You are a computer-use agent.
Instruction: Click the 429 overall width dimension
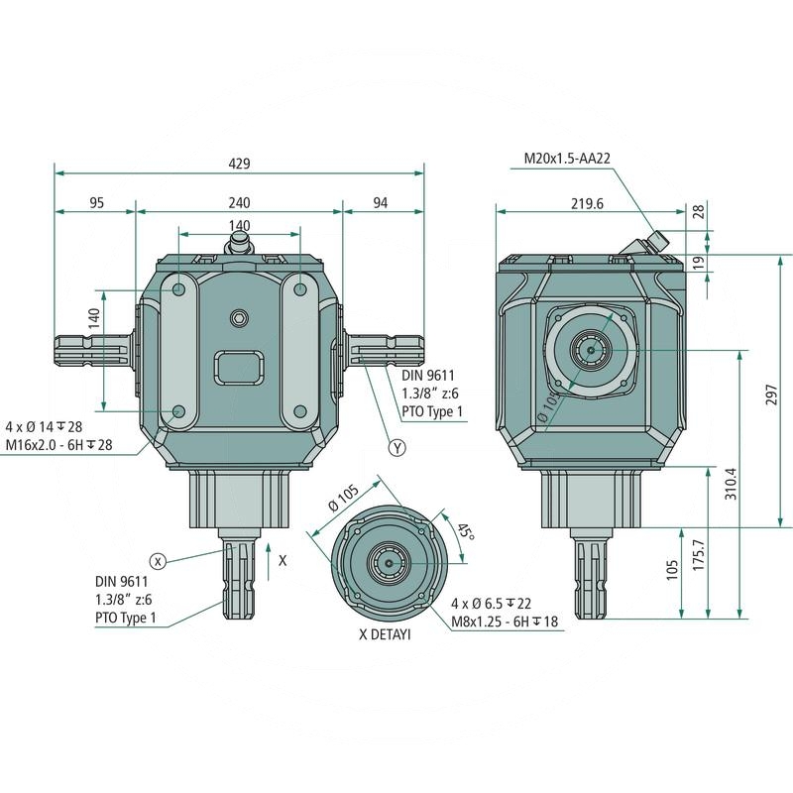click(239, 163)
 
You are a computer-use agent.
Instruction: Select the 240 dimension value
click(239, 202)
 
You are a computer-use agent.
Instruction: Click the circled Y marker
click(397, 448)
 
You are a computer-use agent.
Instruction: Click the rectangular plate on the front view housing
click(239, 368)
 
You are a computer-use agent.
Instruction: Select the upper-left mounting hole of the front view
click(179, 289)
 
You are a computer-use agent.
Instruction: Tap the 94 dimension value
click(380, 202)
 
